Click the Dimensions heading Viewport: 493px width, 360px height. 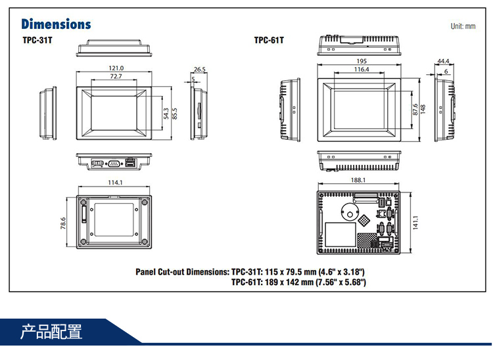click(56, 24)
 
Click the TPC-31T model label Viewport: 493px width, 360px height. click(37, 41)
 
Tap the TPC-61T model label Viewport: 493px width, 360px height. click(269, 41)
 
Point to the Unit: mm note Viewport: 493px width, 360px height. click(462, 26)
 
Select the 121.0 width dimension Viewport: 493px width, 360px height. click(116, 68)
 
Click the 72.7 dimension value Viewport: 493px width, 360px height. click(116, 77)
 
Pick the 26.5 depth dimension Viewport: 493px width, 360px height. click(200, 68)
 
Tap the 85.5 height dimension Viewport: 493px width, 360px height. click(174, 114)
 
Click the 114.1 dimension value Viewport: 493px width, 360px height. click(115, 183)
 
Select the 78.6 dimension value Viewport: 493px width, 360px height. click(64, 223)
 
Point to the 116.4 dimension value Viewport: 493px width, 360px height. click(362, 69)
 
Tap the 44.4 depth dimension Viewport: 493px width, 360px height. click(443, 62)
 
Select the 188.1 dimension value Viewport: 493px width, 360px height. click(358, 180)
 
